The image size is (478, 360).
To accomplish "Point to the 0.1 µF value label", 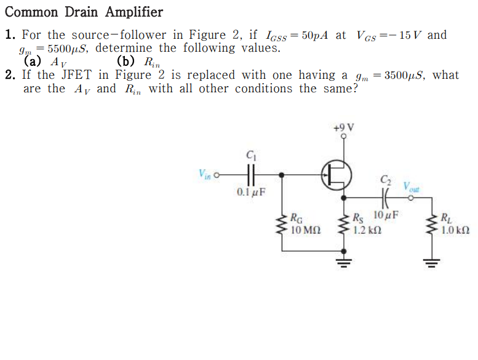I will click(x=251, y=192).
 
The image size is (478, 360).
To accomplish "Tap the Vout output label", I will click(x=412, y=186).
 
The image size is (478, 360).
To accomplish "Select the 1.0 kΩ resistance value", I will click(x=456, y=231).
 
